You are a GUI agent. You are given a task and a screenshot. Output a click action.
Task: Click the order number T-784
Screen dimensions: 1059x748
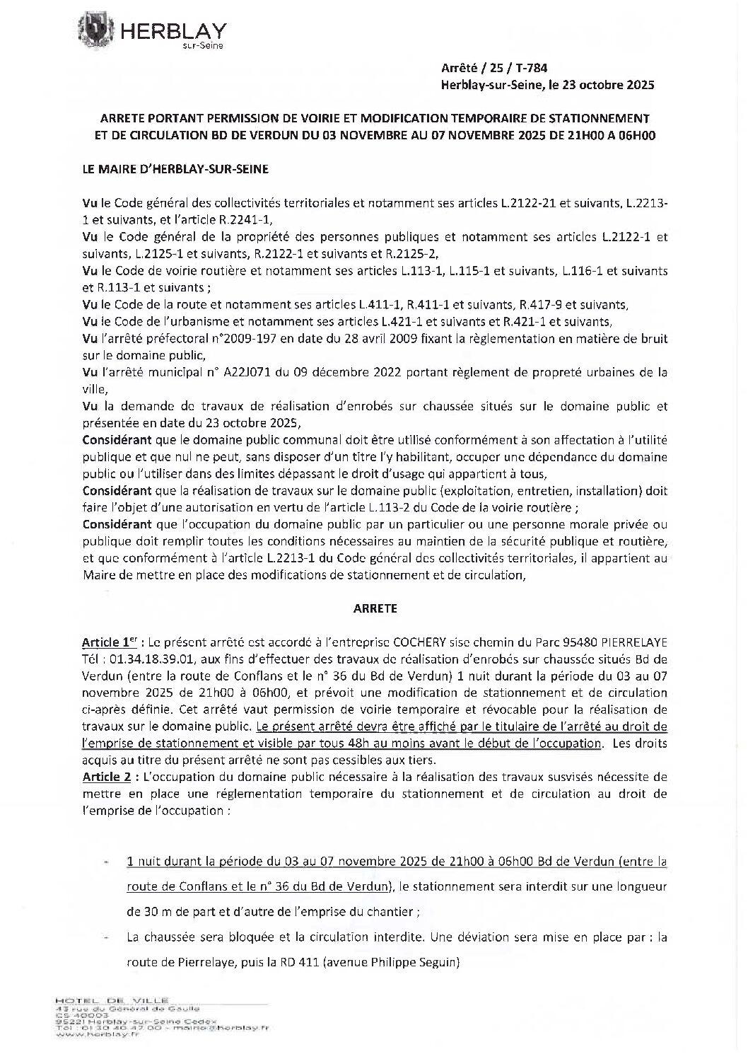[x=529, y=68]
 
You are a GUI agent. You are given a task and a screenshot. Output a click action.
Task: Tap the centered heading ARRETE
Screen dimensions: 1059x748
[x=374, y=608]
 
